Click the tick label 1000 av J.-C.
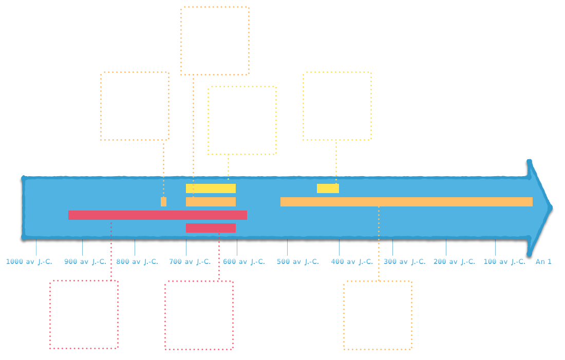tap(29, 261)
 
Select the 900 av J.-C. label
tap(85, 261)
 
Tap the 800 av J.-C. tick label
tap(137, 261)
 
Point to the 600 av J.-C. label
tap(244, 261)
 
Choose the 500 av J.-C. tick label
tap(298, 261)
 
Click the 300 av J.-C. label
tap(405, 261)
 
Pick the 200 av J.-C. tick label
tap(455, 261)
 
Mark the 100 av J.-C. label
tap(504, 261)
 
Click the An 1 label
tap(543, 261)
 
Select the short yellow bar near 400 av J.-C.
tap(328, 188)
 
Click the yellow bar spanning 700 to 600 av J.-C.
tap(211, 188)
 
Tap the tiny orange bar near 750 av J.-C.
tap(163, 202)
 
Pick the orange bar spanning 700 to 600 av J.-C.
tap(211, 202)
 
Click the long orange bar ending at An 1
tap(406, 202)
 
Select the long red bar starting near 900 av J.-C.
tap(158, 215)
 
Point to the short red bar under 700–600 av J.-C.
tap(211, 228)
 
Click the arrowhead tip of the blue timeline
tap(552, 207)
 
